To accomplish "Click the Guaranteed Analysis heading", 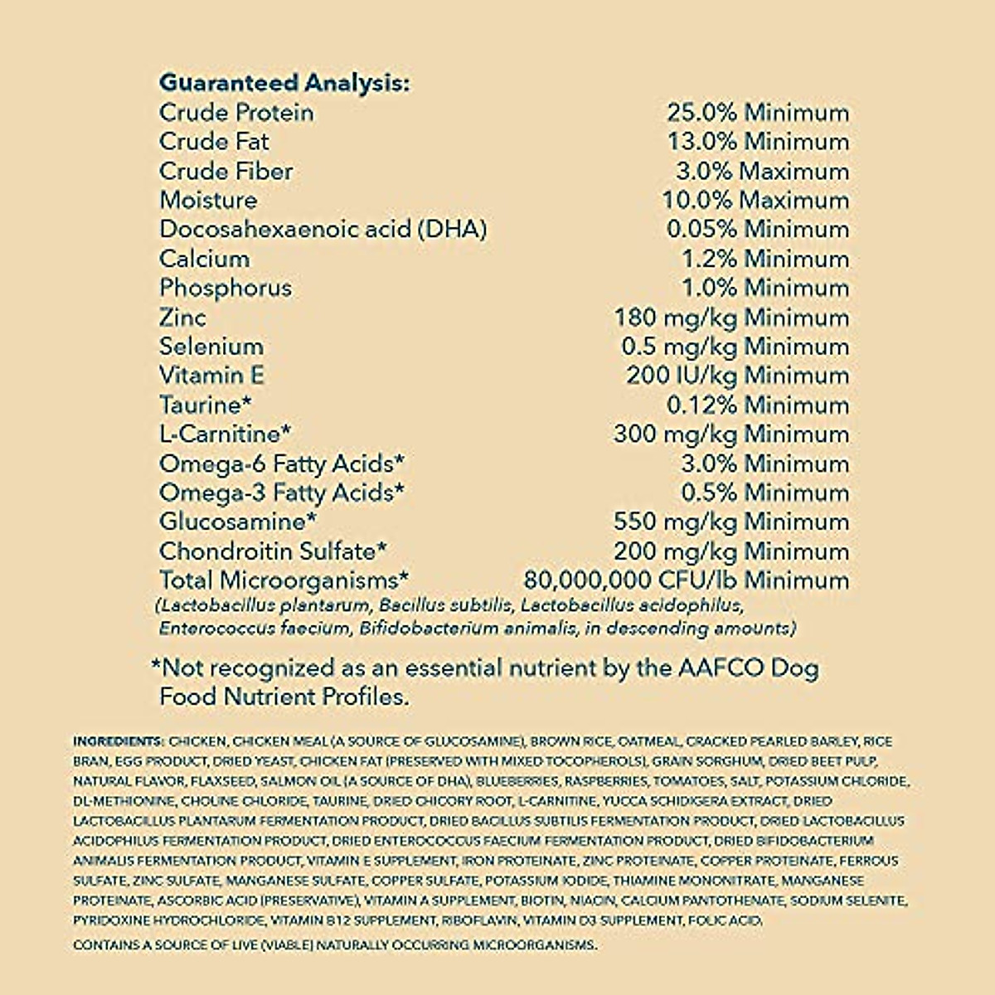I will [284, 83].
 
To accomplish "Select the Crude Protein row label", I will [236, 113].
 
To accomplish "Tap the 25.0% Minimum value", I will [758, 113].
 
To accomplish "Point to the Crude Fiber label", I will [226, 172].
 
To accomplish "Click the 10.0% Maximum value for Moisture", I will [755, 201].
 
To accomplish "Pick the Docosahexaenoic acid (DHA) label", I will [323, 230].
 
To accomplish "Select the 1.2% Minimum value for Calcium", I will [764, 259].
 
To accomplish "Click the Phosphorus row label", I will [226, 289].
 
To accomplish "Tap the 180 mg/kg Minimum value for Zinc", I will [731, 318].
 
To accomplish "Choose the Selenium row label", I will [211, 347].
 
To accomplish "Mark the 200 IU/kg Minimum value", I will [737, 376].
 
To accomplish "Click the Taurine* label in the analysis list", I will [205, 405].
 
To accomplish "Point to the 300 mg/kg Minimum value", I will [731, 434].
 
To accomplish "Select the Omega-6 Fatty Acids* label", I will [282, 464].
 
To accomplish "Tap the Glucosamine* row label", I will [238, 522].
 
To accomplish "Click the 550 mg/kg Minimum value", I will [731, 522].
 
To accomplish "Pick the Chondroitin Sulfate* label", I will [273, 551].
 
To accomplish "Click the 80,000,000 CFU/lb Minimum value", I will [687, 580].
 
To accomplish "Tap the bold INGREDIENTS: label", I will [119, 741].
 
